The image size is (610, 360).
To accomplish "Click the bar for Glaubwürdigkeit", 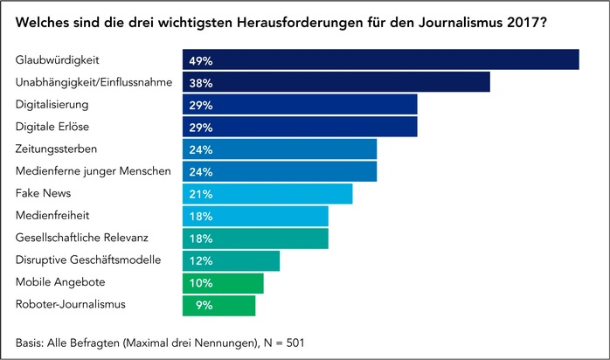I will pos(381,59).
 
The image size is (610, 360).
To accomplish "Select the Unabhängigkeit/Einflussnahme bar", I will pos(336,82).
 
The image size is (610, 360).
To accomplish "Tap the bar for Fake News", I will pos(267,193).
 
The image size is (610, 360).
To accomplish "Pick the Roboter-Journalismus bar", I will pos(219,305).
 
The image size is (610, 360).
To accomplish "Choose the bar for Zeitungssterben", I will pos(280,149).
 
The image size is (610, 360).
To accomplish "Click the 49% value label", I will pos(201,60).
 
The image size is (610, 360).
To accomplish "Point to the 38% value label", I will pos(201,83).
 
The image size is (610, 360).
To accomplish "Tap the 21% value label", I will pos(201,194).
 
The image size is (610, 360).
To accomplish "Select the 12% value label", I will pos(201,261).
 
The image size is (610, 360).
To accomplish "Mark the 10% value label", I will pos(201,283).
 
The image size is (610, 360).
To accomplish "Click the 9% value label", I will pos(204,306).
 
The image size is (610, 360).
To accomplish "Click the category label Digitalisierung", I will pos(52,104).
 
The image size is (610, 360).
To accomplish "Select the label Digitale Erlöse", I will pos(52,127).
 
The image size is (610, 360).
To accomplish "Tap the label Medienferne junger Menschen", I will pos(94,170).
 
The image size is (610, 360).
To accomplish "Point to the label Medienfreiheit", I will pos(53,215).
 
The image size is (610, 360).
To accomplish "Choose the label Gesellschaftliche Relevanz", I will pos(83,238).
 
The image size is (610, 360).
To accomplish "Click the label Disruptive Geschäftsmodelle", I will pos(87,260).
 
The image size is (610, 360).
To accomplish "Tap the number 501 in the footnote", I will pos(294,341).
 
